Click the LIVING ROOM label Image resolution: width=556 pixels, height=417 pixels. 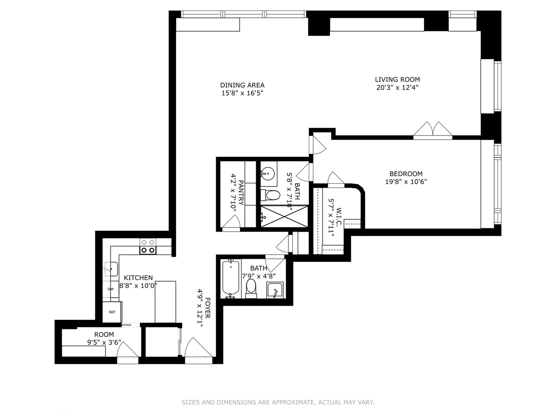397,80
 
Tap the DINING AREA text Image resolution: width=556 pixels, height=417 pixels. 242,85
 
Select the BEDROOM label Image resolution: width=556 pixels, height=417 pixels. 405,174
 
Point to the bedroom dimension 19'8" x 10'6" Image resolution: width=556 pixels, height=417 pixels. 405,182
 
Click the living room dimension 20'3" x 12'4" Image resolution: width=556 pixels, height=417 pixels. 397,88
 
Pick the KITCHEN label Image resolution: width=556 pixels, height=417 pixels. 138,278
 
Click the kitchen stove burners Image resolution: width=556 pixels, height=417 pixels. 148,246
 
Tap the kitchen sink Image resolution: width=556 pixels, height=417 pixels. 111,269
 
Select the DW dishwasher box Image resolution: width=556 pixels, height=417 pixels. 110,289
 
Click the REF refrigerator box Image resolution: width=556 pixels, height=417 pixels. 112,312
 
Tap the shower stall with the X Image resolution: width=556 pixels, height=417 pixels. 284,217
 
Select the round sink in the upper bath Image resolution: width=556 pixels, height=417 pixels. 267,173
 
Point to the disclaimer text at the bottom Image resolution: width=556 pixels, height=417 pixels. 278,402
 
